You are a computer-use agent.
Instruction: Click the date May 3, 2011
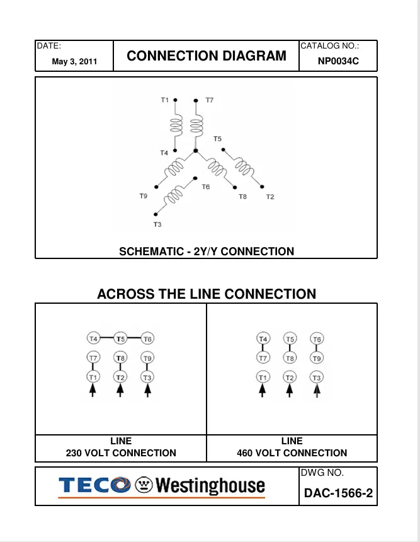click(x=74, y=62)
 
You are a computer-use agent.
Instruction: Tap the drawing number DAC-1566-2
click(x=338, y=493)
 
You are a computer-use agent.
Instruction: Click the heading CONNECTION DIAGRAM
click(x=207, y=56)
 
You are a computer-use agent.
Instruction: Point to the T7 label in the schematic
click(x=209, y=100)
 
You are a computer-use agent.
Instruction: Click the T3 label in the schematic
click(x=157, y=224)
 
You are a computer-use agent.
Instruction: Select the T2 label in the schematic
click(x=270, y=197)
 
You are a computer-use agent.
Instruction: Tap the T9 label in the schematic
click(x=144, y=197)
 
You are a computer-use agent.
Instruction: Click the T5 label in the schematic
click(x=217, y=139)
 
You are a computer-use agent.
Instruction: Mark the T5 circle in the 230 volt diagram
click(x=120, y=338)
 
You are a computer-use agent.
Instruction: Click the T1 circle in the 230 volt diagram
click(x=93, y=377)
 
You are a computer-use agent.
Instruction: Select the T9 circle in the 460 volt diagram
click(x=317, y=358)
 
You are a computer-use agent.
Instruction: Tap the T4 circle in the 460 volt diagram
click(x=264, y=339)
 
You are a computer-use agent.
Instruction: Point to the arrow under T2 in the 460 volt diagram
click(x=290, y=391)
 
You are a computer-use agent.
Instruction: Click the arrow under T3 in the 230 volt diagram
click(x=147, y=391)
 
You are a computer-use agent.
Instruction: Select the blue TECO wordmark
click(x=93, y=487)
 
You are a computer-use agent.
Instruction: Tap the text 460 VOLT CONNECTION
click(x=292, y=453)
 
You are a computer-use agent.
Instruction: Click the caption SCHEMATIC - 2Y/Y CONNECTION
click(x=207, y=251)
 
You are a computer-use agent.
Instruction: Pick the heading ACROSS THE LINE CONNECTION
click(x=207, y=294)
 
